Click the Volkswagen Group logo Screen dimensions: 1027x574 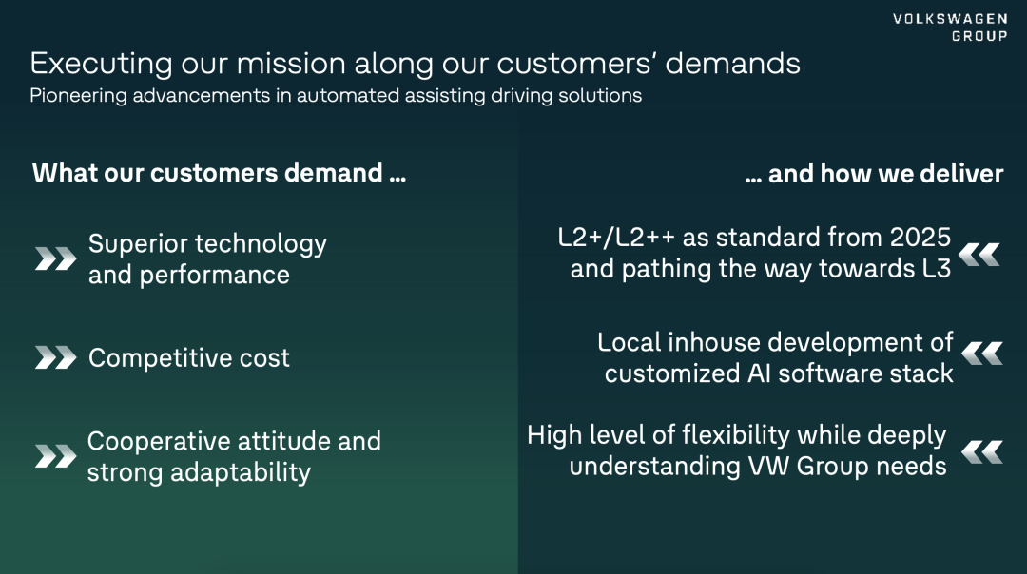tap(950, 28)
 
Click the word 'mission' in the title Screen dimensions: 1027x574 tap(291, 64)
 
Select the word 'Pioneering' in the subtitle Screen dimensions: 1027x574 tap(78, 96)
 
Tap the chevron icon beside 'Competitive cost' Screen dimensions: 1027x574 tap(56, 357)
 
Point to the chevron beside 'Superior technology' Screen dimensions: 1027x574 tap(56, 258)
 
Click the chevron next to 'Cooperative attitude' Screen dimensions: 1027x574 tap(56, 456)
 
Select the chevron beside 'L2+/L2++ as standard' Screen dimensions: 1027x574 tap(979, 255)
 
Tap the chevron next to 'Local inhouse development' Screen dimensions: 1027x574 tap(981, 354)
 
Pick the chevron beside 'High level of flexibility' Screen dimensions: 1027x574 tap(981, 452)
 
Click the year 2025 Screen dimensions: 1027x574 tap(920, 238)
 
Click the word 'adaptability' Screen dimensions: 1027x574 tap(241, 472)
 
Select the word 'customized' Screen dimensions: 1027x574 tap(671, 373)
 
